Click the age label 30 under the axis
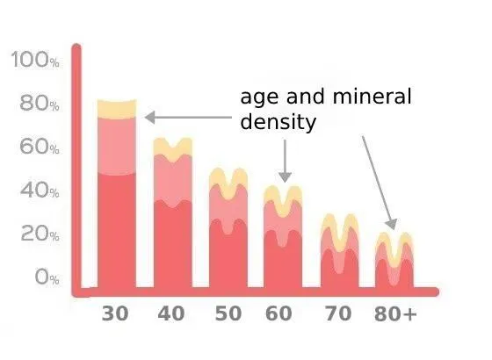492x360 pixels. click(115, 313)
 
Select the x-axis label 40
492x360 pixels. click(171, 313)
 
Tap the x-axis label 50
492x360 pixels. click(228, 313)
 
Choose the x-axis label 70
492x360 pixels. click(337, 313)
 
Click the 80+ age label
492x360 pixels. click(395, 313)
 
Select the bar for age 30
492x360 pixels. click(117, 202)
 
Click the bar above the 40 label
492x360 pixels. click(173, 220)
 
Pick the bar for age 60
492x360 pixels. click(283, 241)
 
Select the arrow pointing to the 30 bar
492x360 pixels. click(189, 117)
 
